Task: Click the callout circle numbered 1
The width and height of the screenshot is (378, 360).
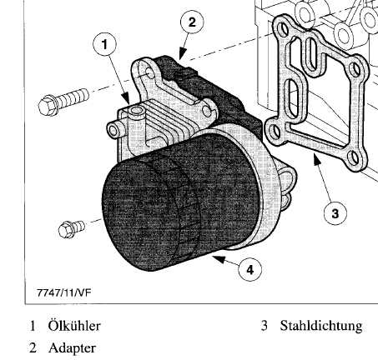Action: pos(104,44)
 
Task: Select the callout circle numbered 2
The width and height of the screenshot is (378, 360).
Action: pos(192,22)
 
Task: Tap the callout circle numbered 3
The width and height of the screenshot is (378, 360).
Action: pos(335,213)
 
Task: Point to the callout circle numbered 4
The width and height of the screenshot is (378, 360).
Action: pos(249,269)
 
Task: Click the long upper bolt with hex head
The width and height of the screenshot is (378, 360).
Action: pos(63,101)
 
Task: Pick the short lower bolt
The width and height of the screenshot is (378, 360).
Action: pos(71,229)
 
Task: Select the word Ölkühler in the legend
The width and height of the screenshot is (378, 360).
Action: pos(74,326)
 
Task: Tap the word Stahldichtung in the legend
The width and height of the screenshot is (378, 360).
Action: pos(321,326)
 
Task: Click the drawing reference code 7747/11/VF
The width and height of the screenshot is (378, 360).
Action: pos(64,292)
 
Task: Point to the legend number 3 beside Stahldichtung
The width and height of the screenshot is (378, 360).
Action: pos(265,326)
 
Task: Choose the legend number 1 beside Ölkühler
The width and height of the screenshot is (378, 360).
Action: pos(33,326)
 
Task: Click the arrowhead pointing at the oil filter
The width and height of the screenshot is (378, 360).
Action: pos(219,258)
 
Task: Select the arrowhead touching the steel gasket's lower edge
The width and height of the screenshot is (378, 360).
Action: pos(316,158)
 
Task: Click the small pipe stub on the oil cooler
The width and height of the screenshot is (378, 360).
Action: pos(115,130)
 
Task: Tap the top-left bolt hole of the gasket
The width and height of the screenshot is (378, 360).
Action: pos(284,28)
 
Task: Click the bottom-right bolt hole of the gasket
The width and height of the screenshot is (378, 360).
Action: pos(355,157)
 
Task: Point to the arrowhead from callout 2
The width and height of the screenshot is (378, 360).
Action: pos(182,54)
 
